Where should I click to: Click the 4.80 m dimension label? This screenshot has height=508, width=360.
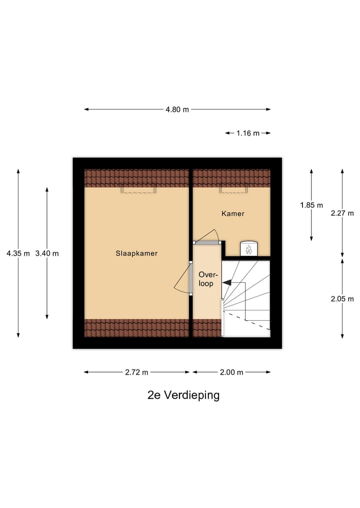pyautogui.click(x=177, y=109)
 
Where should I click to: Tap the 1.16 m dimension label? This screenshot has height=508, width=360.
pyautogui.click(x=248, y=133)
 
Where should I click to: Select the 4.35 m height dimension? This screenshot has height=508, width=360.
pyautogui.click(x=18, y=253)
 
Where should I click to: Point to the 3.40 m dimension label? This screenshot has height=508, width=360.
pyautogui.click(x=47, y=253)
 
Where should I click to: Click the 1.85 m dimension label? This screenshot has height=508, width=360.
pyautogui.click(x=311, y=205)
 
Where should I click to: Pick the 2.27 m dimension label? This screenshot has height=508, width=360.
pyautogui.click(x=342, y=213)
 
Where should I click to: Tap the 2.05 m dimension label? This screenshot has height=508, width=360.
pyautogui.click(x=342, y=299)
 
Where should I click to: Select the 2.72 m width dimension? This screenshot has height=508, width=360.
pyautogui.click(x=137, y=372)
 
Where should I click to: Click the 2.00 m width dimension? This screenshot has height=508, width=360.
pyautogui.click(x=231, y=372)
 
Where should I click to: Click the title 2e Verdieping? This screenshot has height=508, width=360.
pyautogui.click(x=183, y=395)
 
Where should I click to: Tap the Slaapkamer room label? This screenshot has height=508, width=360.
pyautogui.click(x=136, y=253)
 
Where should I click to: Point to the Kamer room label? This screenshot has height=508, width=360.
pyautogui.click(x=233, y=213)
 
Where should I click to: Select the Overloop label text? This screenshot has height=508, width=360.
pyautogui.click(x=206, y=279)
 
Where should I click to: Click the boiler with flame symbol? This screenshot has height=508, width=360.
pyautogui.click(x=248, y=248)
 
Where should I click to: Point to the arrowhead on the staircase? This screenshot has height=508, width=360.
pyautogui.click(x=226, y=282)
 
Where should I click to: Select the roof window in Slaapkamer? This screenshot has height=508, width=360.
pyautogui.click(x=138, y=189)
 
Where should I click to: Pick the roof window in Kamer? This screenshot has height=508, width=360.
pyautogui.click(x=233, y=189)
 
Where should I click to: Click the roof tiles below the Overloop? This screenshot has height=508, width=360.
pyautogui.click(x=206, y=328)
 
